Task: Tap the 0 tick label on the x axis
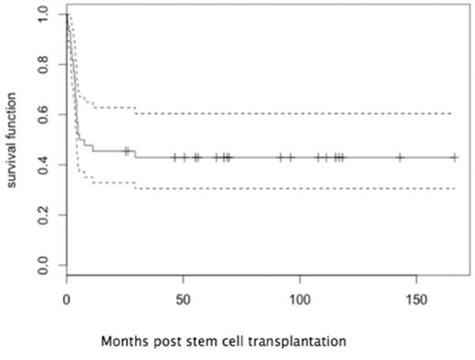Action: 67,301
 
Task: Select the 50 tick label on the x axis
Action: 183,301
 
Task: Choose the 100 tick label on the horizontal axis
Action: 300,301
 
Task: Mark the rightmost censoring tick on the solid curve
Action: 454,157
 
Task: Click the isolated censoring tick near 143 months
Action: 400,157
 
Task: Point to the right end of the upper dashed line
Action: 454,113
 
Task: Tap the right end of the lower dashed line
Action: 454,188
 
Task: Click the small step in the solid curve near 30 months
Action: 135,154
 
